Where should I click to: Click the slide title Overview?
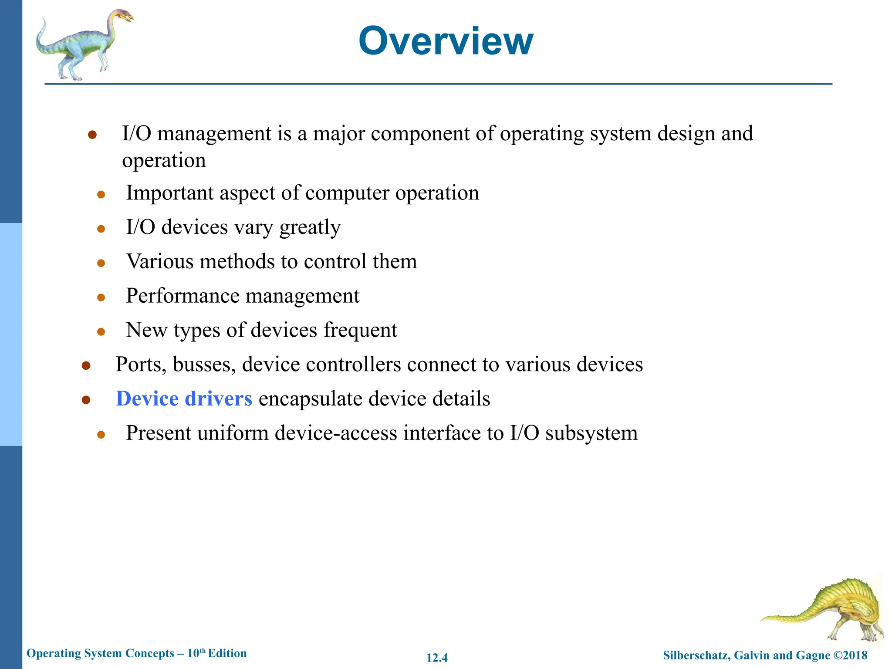pos(446,41)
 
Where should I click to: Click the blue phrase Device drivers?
pos(184,399)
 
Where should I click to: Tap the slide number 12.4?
pos(437,658)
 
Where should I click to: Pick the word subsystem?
pos(591,433)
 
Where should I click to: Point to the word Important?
pos(169,193)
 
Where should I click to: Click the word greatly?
pos(310,227)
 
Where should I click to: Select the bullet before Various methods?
pos(101,263)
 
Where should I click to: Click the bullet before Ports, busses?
pos(86,365)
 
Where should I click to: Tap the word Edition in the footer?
pos(227,653)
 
